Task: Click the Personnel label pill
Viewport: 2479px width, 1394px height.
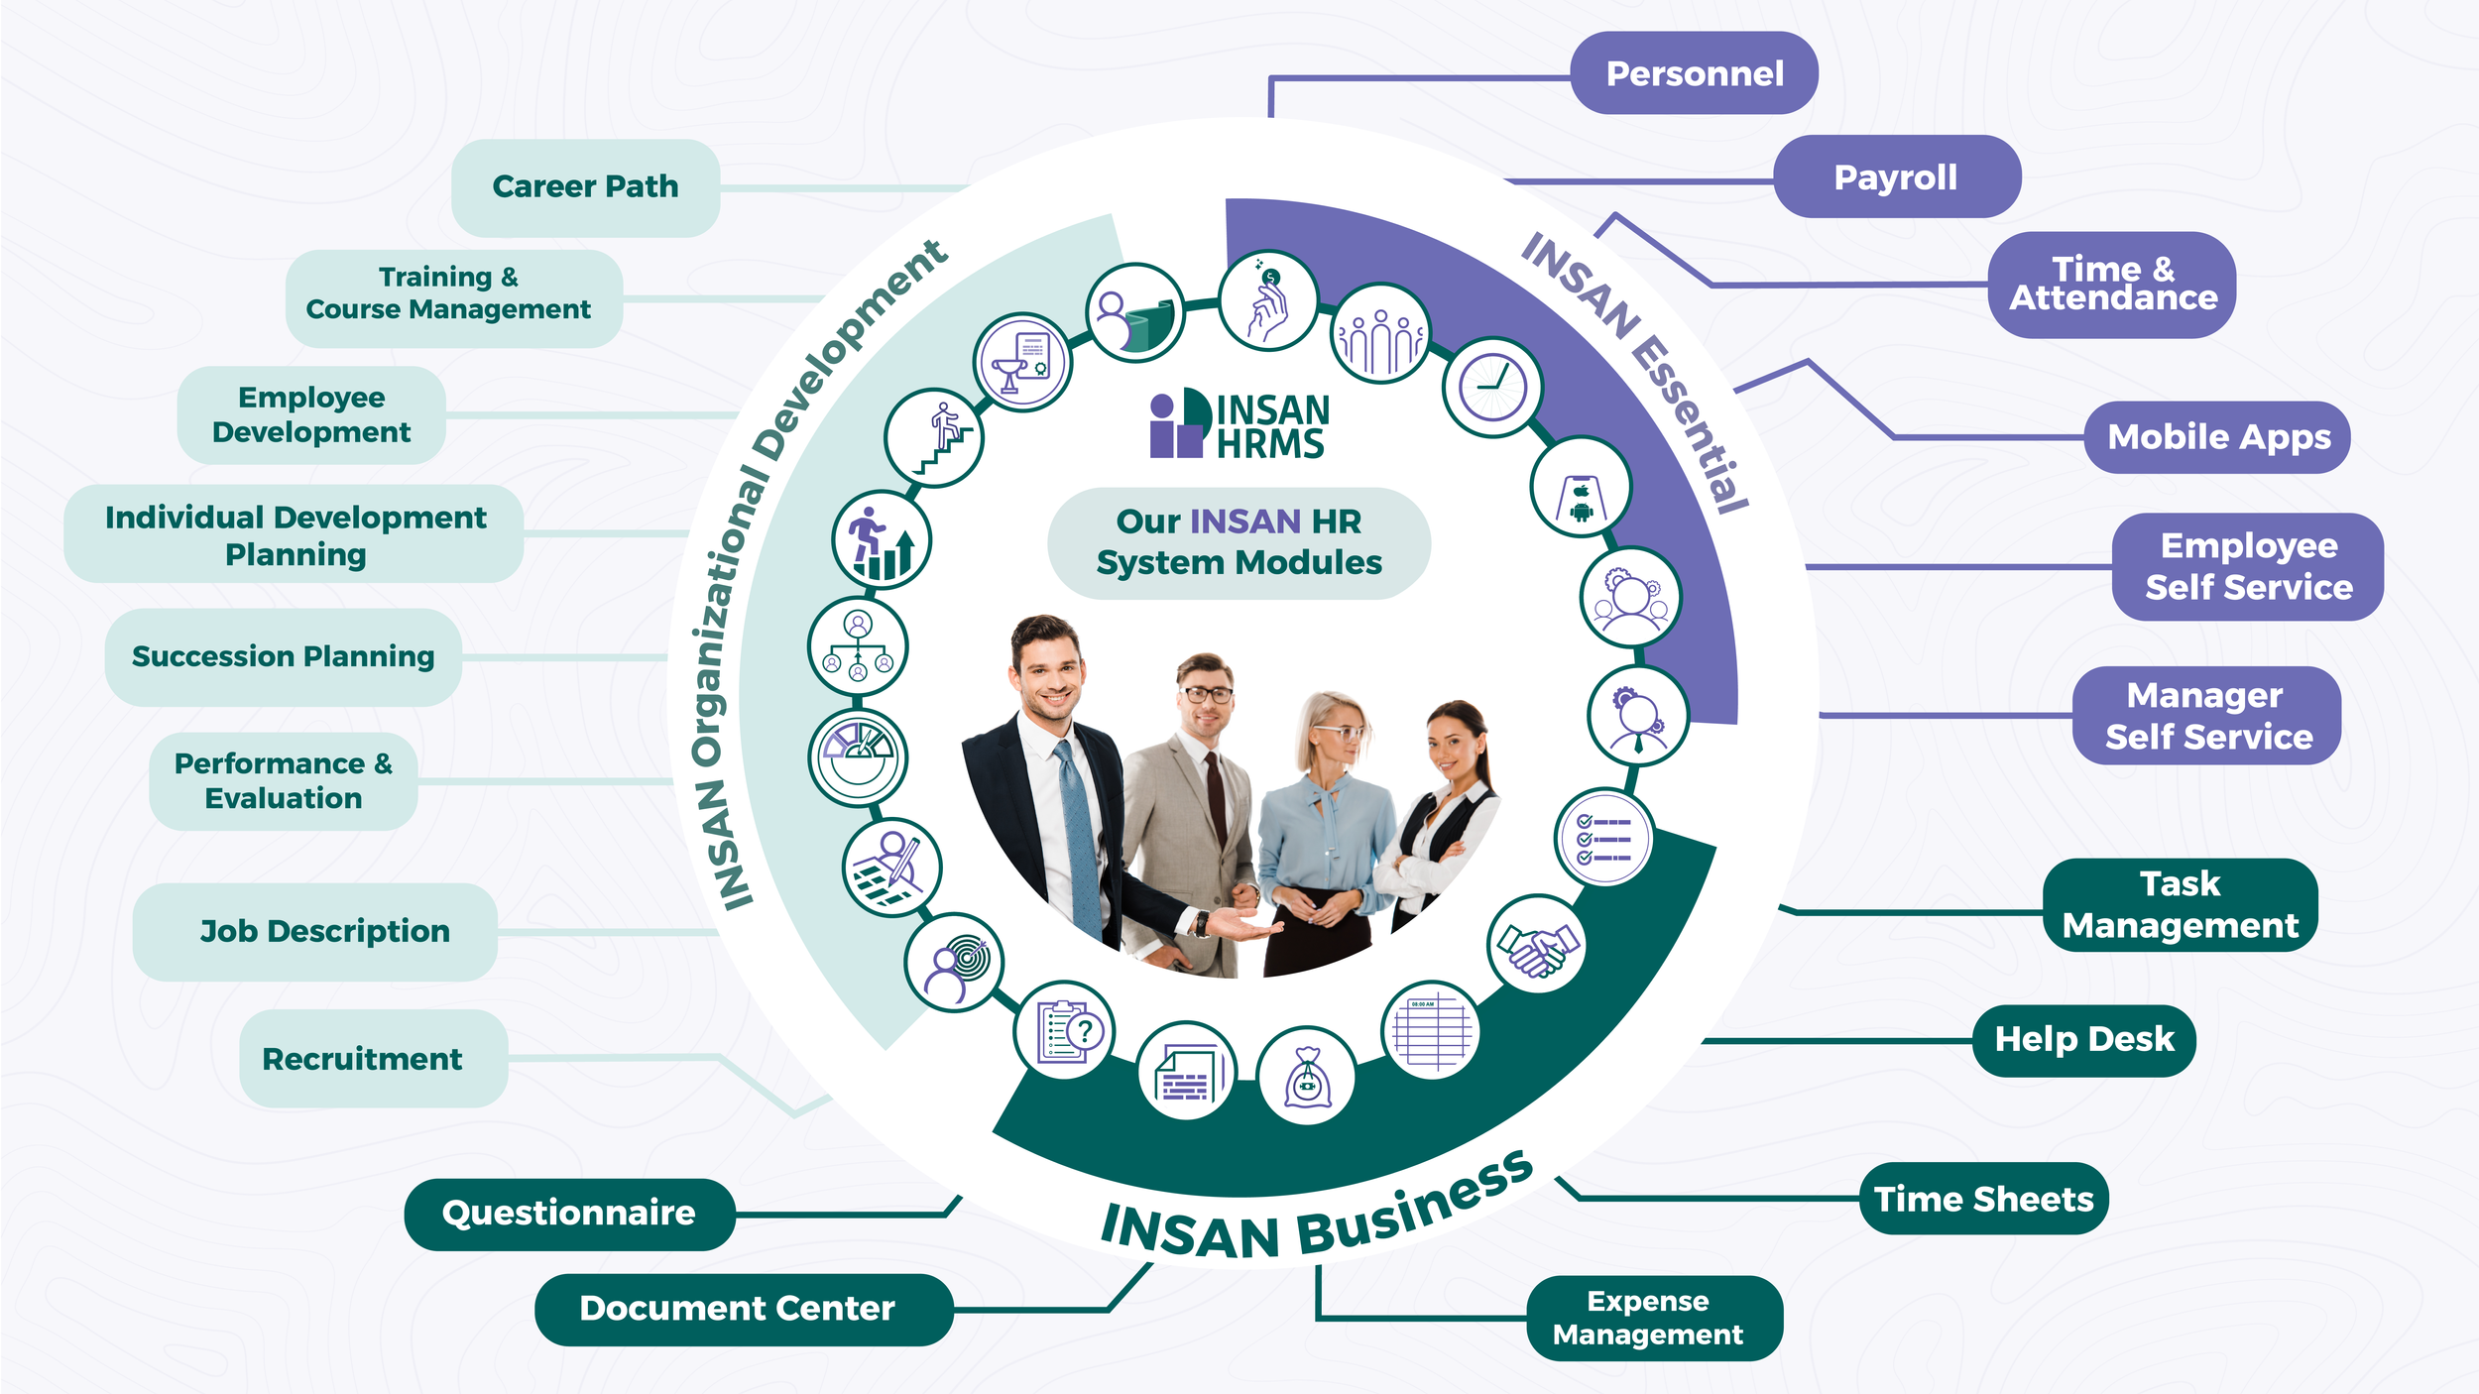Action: tap(1694, 73)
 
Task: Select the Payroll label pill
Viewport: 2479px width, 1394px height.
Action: tap(1895, 177)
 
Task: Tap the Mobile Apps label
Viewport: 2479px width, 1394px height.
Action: tap(2218, 437)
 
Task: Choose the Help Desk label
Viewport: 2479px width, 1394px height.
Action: tap(2083, 1039)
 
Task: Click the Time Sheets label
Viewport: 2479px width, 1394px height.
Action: tap(1983, 1199)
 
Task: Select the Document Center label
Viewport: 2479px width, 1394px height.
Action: tap(737, 1309)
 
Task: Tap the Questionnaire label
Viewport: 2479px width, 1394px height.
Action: tap(568, 1214)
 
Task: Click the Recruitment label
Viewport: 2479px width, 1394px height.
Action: tap(362, 1059)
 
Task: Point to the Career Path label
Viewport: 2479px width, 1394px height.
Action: tap(585, 186)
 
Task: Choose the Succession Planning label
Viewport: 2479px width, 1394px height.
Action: tap(283, 656)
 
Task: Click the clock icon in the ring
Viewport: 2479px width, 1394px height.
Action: tap(1491, 387)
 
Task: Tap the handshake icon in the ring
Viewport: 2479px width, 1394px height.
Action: tap(1536, 946)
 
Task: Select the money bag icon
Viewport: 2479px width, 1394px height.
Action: tap(1306, 1077)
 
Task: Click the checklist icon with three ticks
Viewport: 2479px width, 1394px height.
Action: tap(1603, 839)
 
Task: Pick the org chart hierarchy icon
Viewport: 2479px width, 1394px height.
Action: tap(858, 646)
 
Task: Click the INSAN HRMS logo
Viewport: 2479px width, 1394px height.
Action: tap(1239, 424)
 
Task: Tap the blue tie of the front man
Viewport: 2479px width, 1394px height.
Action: tap(1077, 833)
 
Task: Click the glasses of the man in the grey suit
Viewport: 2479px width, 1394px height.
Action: tap(1206, 695)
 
